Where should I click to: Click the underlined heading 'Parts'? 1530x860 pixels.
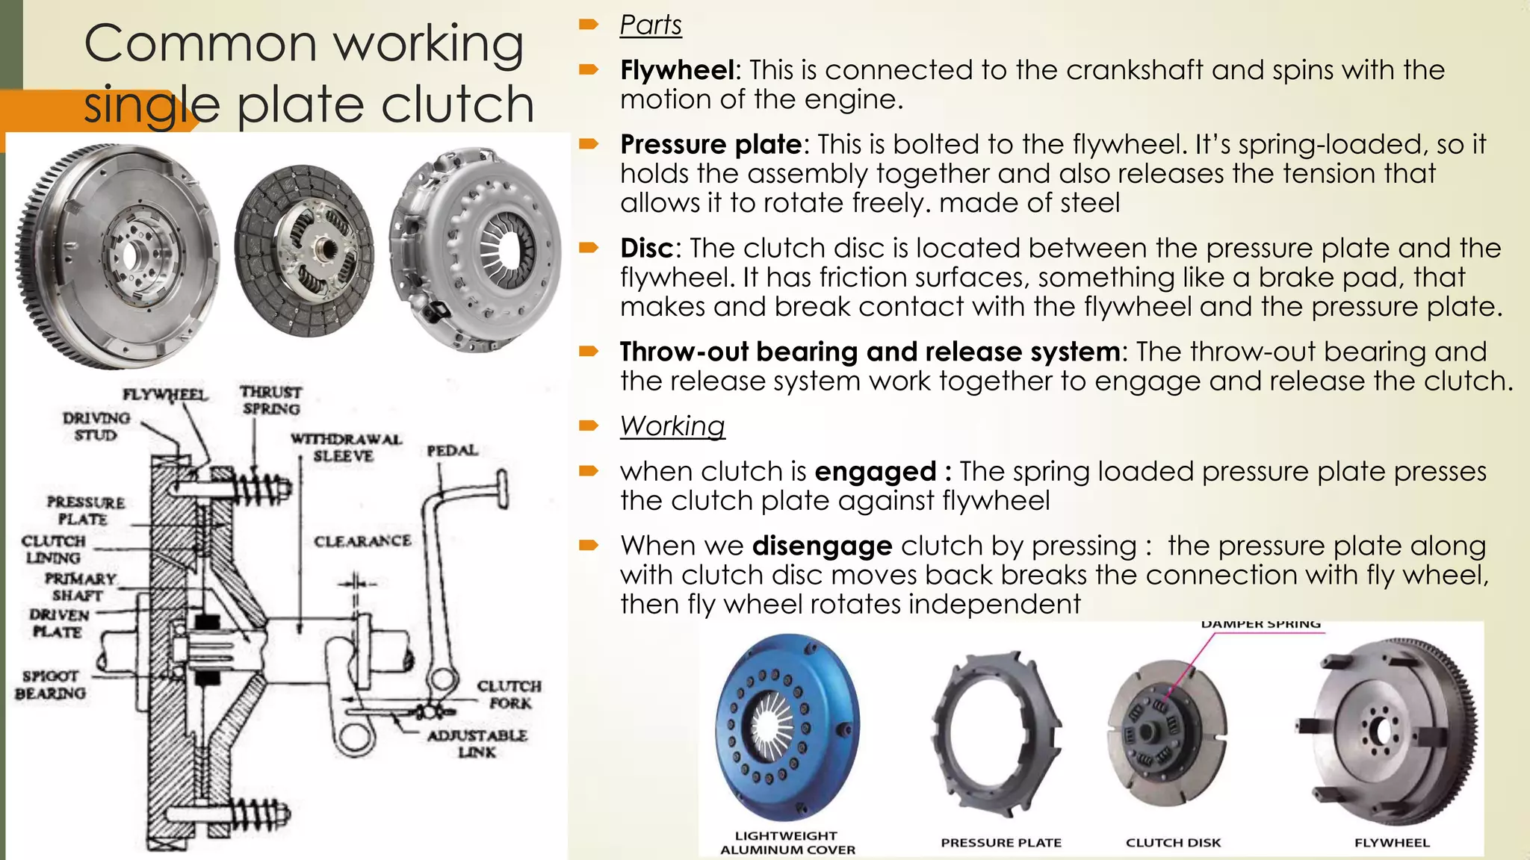650,25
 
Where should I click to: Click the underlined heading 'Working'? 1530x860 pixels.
672,426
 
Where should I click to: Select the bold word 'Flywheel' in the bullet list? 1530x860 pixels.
677,70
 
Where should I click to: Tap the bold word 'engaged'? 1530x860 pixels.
874,472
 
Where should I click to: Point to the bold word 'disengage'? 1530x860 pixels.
822,546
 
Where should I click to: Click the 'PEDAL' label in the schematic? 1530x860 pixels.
452,451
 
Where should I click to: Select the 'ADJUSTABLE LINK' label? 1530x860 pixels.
477,744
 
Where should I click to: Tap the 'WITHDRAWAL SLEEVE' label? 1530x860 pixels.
345,447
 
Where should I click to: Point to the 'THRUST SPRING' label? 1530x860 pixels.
270,400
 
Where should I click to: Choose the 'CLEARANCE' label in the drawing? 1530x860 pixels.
362,540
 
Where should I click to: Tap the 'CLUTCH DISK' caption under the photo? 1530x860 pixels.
1173,843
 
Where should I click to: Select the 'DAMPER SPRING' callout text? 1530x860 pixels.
1260,624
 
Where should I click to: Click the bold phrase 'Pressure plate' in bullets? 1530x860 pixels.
710,144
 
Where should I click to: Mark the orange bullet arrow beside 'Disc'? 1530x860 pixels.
589,247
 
